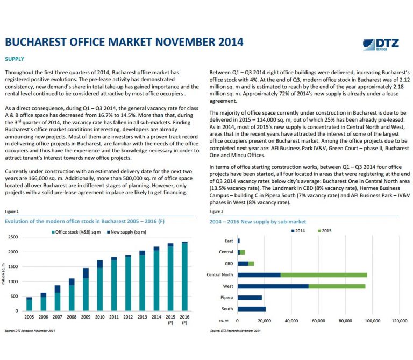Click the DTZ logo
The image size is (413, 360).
pos(381,44)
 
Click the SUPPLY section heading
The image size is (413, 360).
pos(15,59)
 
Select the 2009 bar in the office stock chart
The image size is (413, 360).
pos(86,290)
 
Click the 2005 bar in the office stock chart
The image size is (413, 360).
pos(29,304)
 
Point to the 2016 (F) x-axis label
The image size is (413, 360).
pos(184,320)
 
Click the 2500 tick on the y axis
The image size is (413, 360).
pos(13,237)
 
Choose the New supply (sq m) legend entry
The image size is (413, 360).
pos(127,232)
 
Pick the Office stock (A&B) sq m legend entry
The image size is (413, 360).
pos(76,232)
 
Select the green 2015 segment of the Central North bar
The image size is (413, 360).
pos(324,275)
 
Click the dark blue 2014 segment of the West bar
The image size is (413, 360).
pos(273,286)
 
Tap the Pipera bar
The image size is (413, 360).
pos(250,298)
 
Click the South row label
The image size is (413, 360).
pos(227,309)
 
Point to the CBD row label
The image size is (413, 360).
pos(229,264)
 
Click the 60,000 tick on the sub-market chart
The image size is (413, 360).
pos(318,321)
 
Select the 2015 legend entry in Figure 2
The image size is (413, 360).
pos(325,231)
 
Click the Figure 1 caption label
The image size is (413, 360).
pos(12,211)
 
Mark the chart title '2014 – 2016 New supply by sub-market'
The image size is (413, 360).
pos(258,222)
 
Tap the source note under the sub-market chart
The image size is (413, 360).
pos(235,331)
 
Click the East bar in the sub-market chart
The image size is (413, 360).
pos(239,241)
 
